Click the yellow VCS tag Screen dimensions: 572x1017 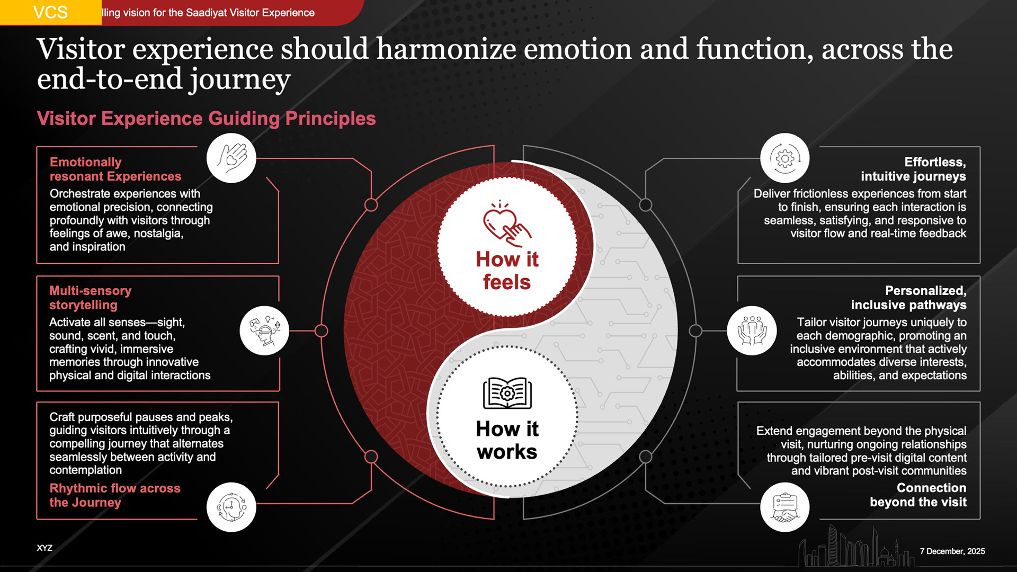click(x=50, y=12)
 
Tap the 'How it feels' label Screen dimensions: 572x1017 click(x=507, y=271)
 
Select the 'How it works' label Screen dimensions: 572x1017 click(x=507, y=440)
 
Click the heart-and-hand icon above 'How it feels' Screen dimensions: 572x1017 click(x=506, y=225)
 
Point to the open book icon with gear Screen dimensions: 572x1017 click(x=507, y=393)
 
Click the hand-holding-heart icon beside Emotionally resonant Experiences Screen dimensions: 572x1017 click(x=231, y=158)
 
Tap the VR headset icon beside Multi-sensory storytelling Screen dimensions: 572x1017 click(x=264, y=330)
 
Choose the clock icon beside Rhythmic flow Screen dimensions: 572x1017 click(x=231, y=507)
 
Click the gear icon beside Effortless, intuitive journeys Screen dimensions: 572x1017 click(x=784, y=158)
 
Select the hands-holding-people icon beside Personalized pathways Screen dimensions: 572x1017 click(x=752, y=330)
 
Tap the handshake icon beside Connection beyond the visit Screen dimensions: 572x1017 click(x=784, y=507)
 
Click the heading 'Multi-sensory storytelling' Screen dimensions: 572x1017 click(x=91, y=298)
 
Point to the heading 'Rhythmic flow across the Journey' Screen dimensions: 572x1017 click(x=114, y=495)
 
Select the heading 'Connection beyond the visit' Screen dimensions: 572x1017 click(x=918, y=495)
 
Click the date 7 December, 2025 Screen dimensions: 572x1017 click(x=952, y=551)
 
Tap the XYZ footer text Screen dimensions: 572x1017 click(x=44, y=548)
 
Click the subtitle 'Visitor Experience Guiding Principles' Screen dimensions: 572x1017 click(x=206, y=119)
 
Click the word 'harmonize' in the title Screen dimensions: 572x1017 click(x=446, y=49)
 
